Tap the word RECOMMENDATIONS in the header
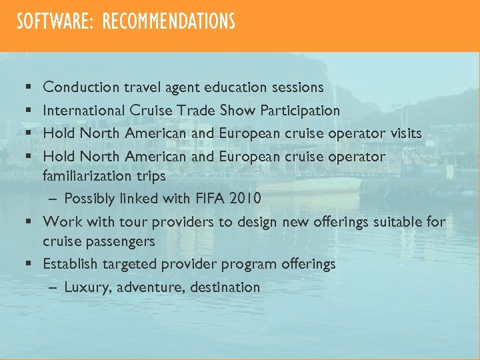click(168, 22)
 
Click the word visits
click(405, 133)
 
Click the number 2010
click(247, 199)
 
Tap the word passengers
click(117, 241)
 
